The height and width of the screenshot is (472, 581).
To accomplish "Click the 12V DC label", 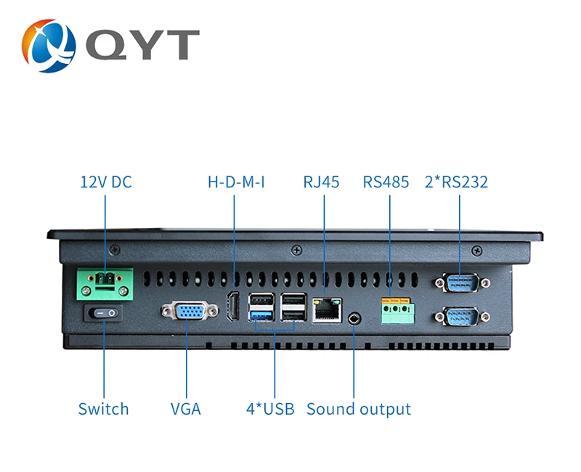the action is pyautogui.click(x=106, y=182).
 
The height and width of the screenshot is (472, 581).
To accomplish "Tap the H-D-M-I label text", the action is pyautogui.click(x=237, y=182).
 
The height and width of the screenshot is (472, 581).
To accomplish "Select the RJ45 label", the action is pyautogui.click(x=321, y=182).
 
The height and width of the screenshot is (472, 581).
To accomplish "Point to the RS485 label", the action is pyautogui.click(x=386, y=182).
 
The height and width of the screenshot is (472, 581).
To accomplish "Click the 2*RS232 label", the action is pyautogui.click(x=456, y=182).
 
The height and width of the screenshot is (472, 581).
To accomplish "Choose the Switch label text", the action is pyautogui.click(x=103, y=409).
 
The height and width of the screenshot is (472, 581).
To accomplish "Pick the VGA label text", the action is pyautogui.click(x=186, y=409).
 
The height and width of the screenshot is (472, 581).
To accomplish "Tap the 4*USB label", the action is pyautogui.click(x=270, y=409).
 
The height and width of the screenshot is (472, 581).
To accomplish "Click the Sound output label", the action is pyautogui.click(x=359, y=409).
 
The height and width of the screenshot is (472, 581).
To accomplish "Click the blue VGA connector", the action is pyautogui.click(x=190, y=311).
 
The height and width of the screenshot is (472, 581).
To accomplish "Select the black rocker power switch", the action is pyautogui.click(x=104, y=314).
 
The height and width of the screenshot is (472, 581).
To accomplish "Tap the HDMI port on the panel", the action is pyautogui.click(x=233, y=306).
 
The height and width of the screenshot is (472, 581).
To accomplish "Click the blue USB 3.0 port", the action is pyautogui.click(x=262, y=316).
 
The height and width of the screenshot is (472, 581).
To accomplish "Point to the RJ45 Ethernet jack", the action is pyautogui.click(x=326, y=310).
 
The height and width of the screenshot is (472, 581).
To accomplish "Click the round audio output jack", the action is pyautogui.click(x=354, y=318).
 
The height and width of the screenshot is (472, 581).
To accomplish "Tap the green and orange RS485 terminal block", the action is pyautogui.click(x=397, y=310).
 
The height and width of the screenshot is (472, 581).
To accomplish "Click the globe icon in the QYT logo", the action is pyautogui.click(x=49, y=46).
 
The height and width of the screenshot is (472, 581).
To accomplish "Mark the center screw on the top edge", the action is pyautogui.click(x=296, y=251).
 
